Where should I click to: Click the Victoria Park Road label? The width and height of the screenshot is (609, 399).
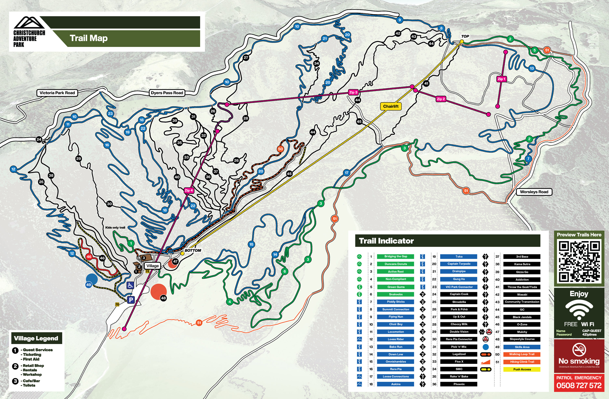pyautogui.click(x=57, y=93)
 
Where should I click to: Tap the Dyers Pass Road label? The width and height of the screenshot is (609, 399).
pyautogui.click(x=167, y=93)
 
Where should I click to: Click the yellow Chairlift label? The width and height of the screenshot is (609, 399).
pyautogui.click(x=391, y=106)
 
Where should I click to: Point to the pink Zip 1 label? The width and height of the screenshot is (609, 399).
pyautogui.click(x=501, y=79)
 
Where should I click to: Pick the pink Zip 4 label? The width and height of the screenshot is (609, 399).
pyautogui.click(x=189, y=190)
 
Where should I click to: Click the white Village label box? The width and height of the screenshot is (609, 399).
pyautogui.click(x=152, y=266)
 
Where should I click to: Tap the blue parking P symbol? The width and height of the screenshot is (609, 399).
pyautogui.click(x=131, y=300)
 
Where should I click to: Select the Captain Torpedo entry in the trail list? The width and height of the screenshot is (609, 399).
pyautogui.click(x=459, y=264)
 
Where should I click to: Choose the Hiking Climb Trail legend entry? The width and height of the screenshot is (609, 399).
pyautogui.click(x=522, y=362)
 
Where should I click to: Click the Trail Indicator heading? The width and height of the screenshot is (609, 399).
pyautogui.click(x=386, y=241)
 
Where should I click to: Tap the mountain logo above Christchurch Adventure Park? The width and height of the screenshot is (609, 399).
pyautogui.click(x=29, y=23)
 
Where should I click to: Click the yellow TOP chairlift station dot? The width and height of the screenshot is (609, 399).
pyautogui.click(x=462, y=41)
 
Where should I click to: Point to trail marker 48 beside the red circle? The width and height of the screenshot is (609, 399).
pyautogui.click(x=163, y=298)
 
